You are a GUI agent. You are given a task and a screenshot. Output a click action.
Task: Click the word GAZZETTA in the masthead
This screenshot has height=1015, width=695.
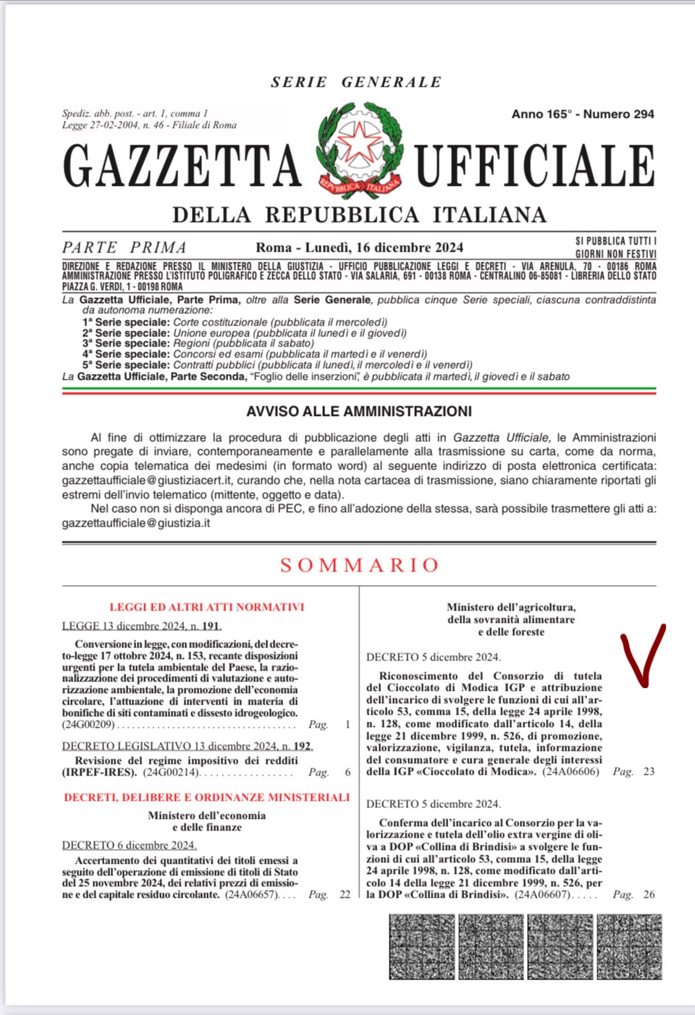click(182, 166)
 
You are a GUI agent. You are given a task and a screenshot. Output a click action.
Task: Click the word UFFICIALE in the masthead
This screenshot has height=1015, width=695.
click(534, 166)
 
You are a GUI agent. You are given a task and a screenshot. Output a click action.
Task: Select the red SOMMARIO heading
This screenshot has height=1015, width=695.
click(360, 565)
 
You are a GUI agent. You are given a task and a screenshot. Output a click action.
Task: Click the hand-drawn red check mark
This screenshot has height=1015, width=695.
click(642, 655)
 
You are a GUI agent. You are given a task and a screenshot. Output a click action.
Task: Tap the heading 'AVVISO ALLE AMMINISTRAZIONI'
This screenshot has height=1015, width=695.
click(359, 412)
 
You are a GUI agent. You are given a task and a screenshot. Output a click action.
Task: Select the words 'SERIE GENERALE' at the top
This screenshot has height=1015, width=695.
click(356, 82)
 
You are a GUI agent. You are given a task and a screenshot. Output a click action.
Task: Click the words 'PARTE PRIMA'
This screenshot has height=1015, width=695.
click(125, 247)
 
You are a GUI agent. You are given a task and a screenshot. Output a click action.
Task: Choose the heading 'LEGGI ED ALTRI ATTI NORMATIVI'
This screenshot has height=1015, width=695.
click(207, 608)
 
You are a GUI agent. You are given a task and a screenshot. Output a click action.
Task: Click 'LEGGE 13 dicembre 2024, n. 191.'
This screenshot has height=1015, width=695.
click(142, 626)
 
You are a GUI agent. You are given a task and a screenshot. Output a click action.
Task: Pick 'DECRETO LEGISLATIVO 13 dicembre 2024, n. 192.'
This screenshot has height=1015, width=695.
click(188, 746)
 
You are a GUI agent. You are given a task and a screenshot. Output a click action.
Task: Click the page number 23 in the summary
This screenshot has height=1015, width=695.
click(649, 772)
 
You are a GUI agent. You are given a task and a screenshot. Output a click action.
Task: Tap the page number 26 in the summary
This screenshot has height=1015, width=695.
click(649, 895)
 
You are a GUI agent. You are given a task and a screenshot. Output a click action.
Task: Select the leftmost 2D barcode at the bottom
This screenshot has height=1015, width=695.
click(422, 946)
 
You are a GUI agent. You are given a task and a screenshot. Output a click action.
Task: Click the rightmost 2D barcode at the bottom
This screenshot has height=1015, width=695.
click(629, 946)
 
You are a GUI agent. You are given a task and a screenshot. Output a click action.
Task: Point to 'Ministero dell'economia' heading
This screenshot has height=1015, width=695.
click(207, 815)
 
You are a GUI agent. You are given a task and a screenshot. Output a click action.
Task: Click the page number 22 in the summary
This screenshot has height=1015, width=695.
click(345, 895)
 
